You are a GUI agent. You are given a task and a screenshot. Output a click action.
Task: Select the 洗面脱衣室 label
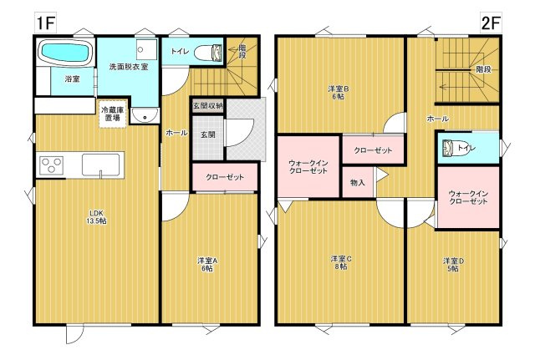(x=125, y=66)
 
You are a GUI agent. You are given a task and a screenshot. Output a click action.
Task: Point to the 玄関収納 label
(x=207, y=106)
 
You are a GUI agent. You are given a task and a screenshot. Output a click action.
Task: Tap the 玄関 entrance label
(x=206, y=134)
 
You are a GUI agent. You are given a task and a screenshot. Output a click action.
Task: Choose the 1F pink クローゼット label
(x=224, y=177)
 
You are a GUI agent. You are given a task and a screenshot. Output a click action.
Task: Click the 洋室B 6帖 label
(x=339, y=89)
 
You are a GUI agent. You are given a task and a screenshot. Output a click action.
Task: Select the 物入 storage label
(x=357, y=181)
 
